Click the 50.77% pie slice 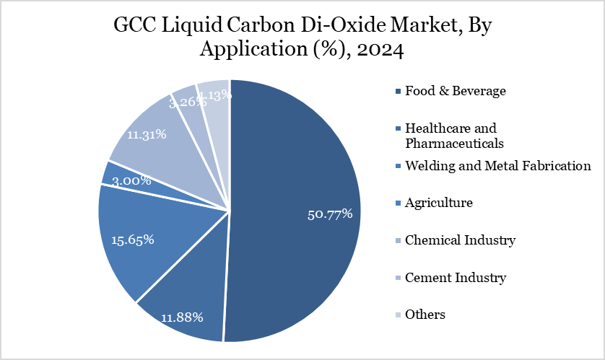[x=303, y=209]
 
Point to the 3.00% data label [x=131, y=180]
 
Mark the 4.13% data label [x=214, y=94]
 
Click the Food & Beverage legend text [x=455, y=91]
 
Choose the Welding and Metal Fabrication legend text [x=498, y=166]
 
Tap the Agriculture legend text [x=439, y=203]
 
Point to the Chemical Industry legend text [x=461, y=240]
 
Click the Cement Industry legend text [x=456, y=277]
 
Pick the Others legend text [x=425, y=315]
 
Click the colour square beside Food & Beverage [x=398, y=92]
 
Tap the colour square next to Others [x=398, y=315]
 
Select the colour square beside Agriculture [x=398, y=203]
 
